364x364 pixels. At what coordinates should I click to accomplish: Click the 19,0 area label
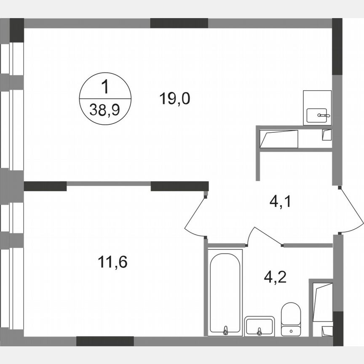coord(175,99)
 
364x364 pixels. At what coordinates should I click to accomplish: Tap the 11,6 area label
coord(112,262)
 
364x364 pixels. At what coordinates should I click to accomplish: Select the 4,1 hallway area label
coord(281,202)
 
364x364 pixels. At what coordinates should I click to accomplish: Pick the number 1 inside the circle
coord(105,88)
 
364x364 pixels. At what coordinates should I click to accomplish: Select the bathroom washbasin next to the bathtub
coord(259,326)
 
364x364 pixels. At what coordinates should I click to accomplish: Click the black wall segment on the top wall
coord(179,23)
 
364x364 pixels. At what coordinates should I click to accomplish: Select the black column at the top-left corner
coord(17,30)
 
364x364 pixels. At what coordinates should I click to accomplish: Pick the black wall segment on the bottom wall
coord(105,341)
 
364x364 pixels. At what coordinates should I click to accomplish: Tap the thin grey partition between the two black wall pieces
coord(109,184)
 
